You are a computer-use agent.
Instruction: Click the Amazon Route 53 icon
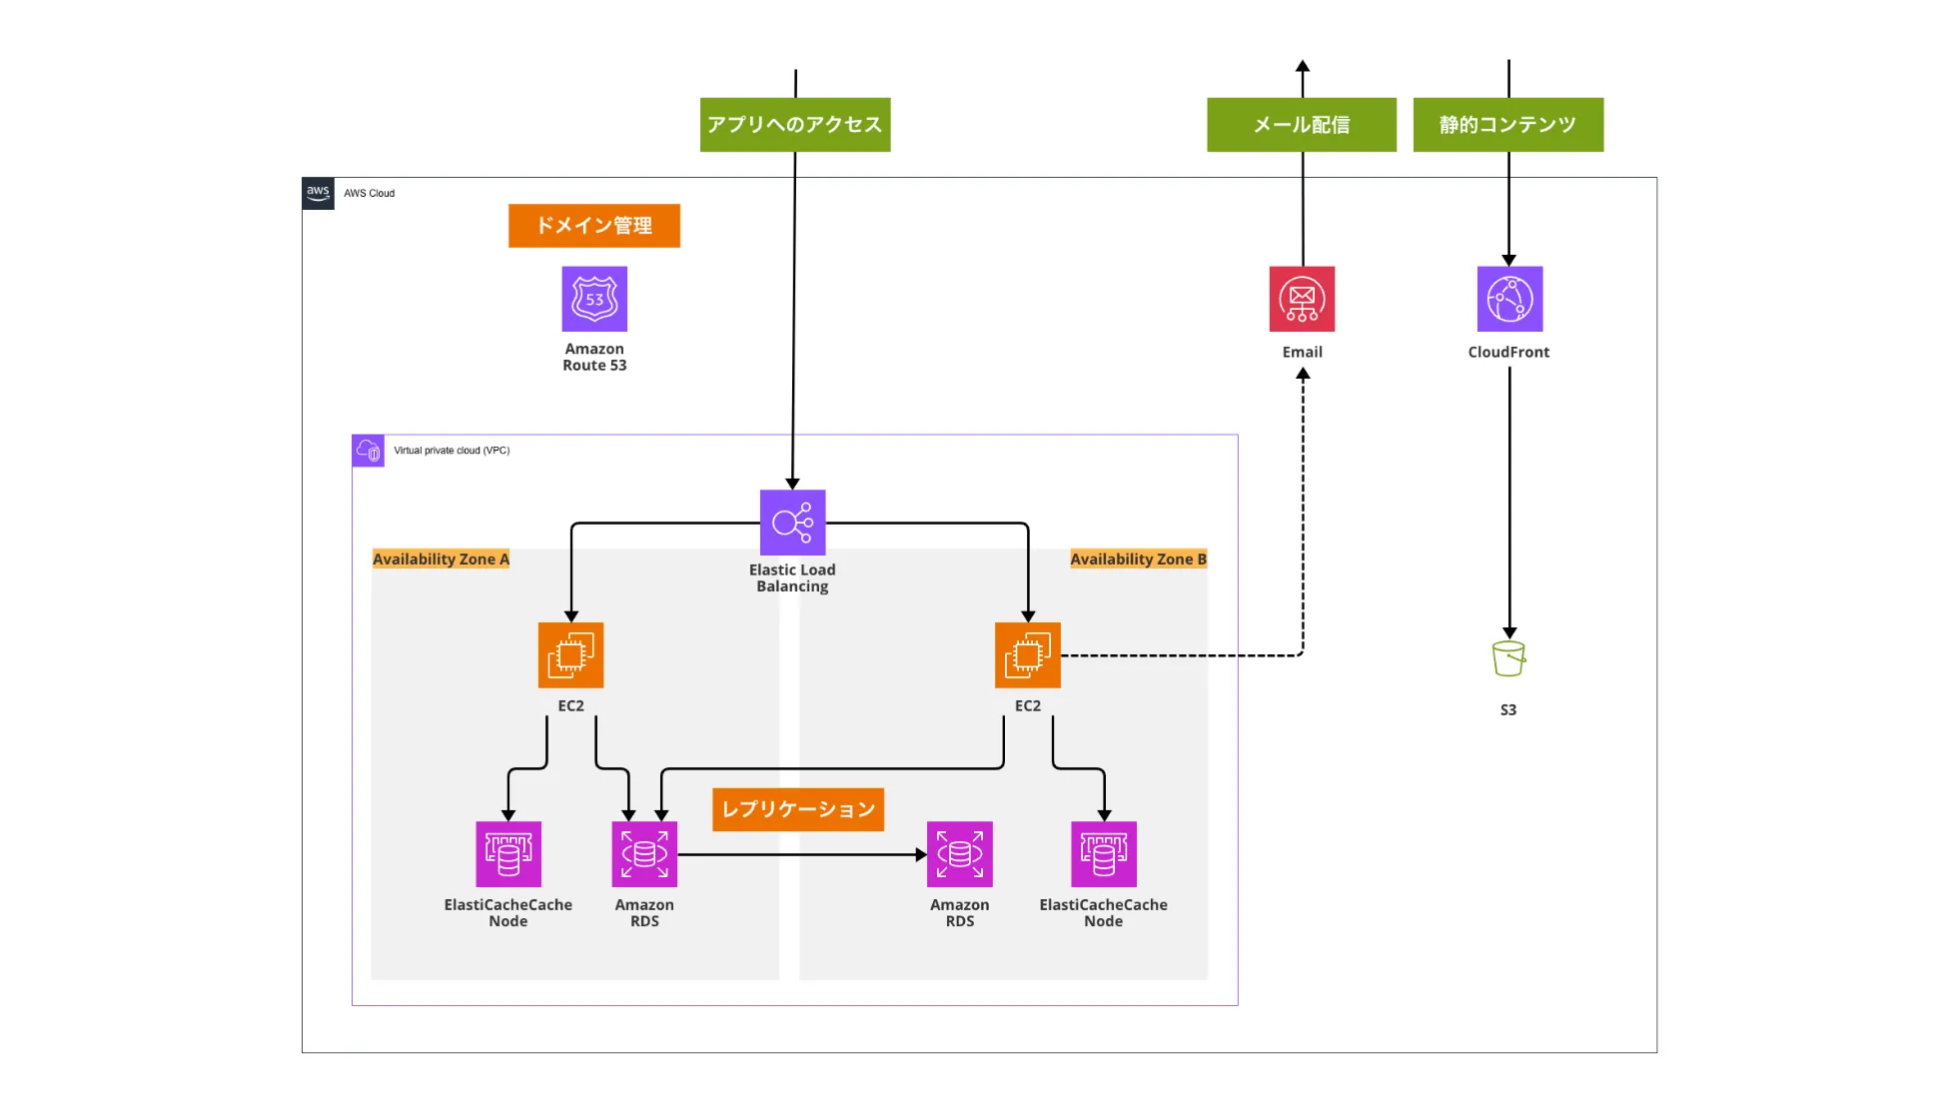coord(594,299)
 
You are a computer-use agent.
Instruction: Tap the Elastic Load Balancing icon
coord(792,523)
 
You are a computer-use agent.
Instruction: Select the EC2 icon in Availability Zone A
coord(570,655)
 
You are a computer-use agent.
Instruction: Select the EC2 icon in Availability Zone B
coord(1027,655)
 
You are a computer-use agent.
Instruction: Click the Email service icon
coord(1302,299)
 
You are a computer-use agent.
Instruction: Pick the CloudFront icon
coord(1509,299)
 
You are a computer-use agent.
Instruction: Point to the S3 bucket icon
coord(1508,659)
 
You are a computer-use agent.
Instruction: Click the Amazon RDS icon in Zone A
coord(644,854)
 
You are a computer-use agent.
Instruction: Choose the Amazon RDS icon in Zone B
coord(959,854)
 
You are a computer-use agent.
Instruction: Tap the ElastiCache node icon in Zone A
coord(508,854)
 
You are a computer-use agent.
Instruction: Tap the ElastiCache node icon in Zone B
coord(1103,854)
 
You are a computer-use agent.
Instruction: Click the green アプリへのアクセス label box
coord(795,125)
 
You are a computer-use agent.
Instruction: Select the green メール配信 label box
coord(1302,125)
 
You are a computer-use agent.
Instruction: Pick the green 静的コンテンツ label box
coord(1508,125)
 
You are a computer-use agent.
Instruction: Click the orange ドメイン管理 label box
coord(594,226)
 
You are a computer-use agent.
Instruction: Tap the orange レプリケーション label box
coord(798,809)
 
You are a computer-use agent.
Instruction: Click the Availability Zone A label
coord(441,559)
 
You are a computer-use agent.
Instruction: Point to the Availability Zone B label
coord(1138,559)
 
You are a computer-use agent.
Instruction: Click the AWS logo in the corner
coord(318,193)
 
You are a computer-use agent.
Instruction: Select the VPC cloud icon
coord(369,451)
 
